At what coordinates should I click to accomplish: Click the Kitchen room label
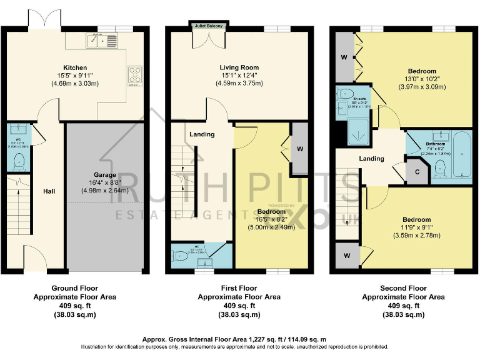tap(74, 67)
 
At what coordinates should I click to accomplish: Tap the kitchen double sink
tap(101, 41)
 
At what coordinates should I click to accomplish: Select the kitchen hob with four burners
tap(136, 75)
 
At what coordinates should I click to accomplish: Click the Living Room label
tap(239, 67)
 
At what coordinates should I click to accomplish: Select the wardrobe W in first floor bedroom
tap(301, 149)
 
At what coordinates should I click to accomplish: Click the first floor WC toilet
tap(180, 255)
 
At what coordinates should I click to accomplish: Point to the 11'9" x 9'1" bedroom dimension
tap(416, 227)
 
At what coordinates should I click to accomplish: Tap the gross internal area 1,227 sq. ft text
tap(240, 337)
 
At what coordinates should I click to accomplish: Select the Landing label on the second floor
tap(371, 159)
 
